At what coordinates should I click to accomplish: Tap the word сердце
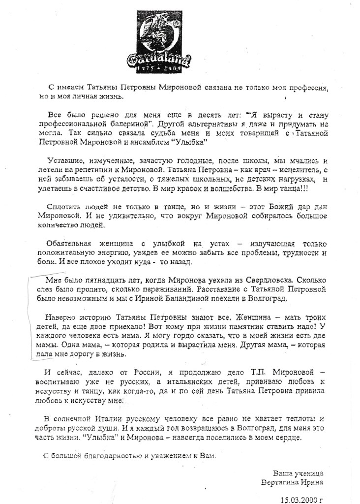pyautogui.click(x=285, y=438)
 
